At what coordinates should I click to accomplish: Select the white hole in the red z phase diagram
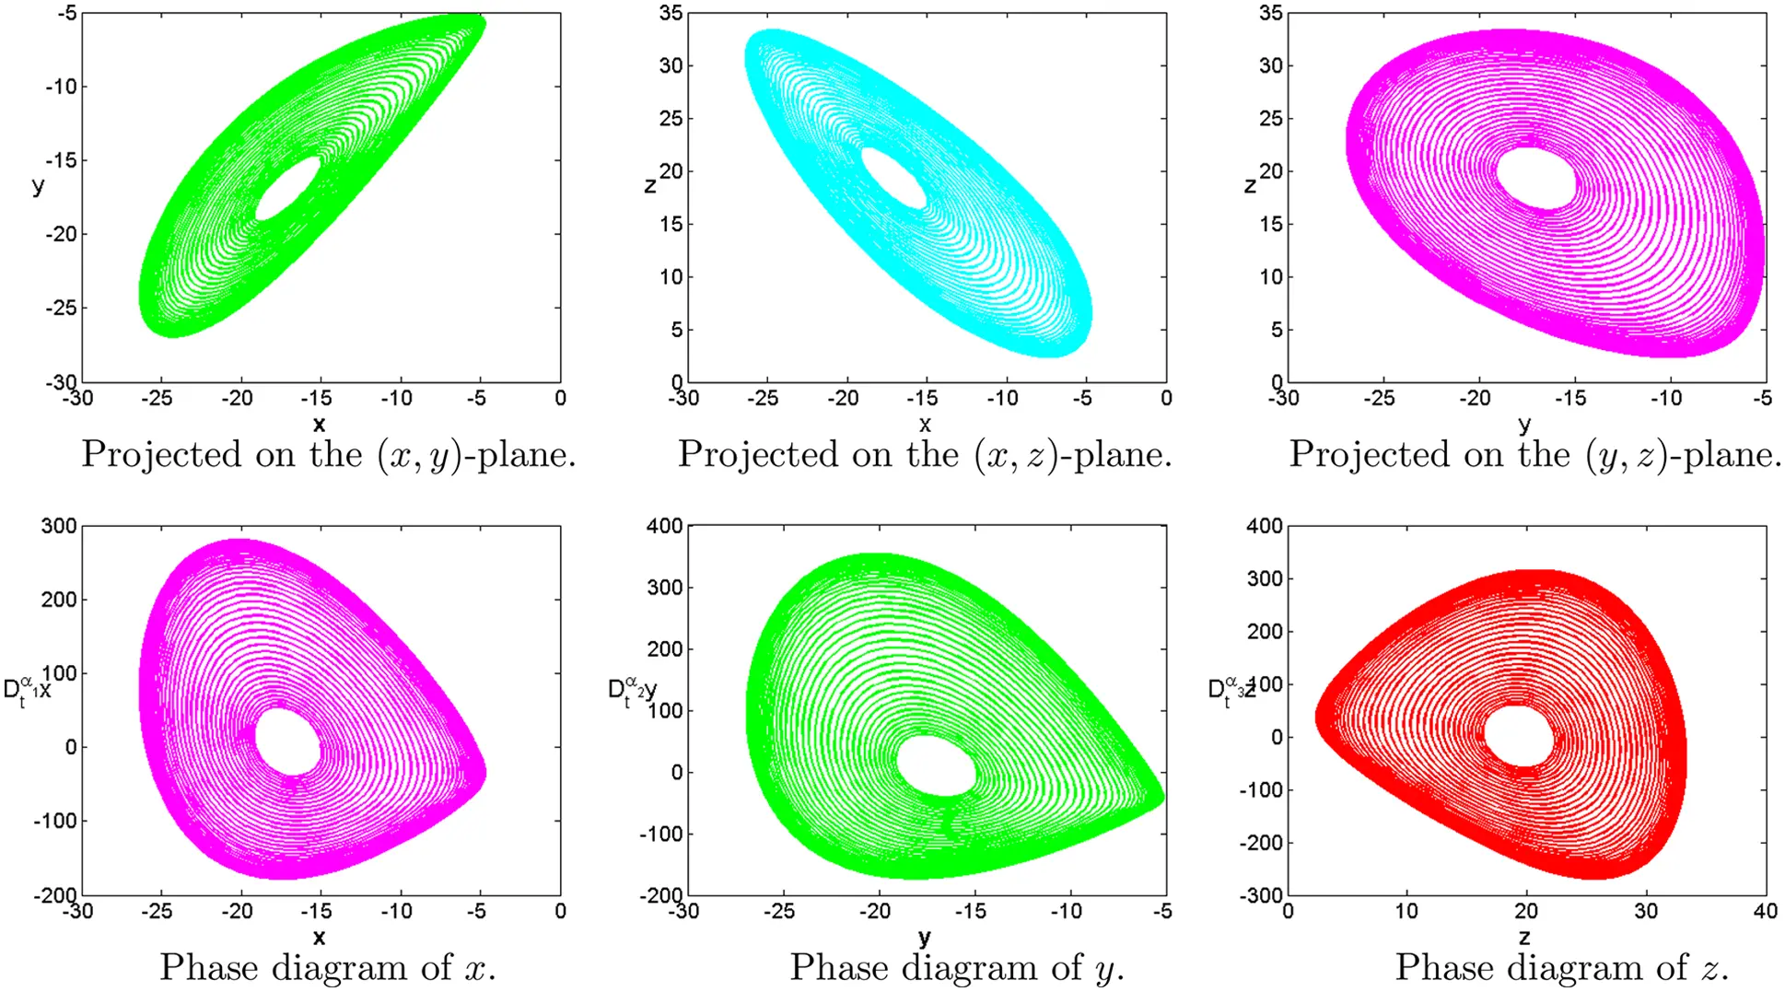click(1518, 735)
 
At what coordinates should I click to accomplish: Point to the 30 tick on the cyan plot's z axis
click(671, 65)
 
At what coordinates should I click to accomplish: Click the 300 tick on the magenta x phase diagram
click(59, 526)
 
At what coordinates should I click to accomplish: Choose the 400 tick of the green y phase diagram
click(664, 526)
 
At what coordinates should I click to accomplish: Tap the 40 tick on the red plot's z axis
click(1765, 911)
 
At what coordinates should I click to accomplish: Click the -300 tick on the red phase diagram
click(1263, 894)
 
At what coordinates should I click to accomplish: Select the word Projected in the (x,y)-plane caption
click(161, 455)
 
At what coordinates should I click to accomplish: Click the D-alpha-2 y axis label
click(632, 691)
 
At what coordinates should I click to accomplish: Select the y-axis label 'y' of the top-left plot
click(38, 185)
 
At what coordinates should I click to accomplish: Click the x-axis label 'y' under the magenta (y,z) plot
click(1524, 424)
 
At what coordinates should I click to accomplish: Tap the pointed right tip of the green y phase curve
click(1161, 797)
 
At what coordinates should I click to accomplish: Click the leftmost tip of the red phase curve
click(1316, 718)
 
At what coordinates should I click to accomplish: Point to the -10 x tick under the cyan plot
click(1002, 399)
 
